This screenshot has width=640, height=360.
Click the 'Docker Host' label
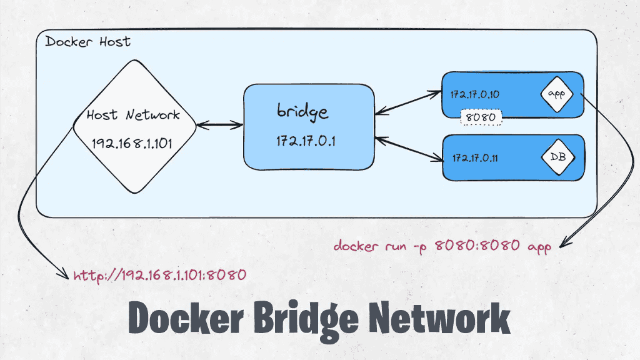pyautogui.click(x=88, y=42)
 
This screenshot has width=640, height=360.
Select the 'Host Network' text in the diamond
pyautogui.click(x=132, y=115)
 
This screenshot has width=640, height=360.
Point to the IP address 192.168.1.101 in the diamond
pyautogui.click(x=132, y=143)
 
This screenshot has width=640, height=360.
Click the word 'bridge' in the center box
pyautogui.click(x=302, y=112)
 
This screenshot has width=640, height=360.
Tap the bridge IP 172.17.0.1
pyautogui.click(x=306, y=141)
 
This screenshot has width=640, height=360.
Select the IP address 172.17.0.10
pyautogui.click(x=475, y=95)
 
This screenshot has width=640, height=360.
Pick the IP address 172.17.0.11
pyautogui.click(x=475, y=157)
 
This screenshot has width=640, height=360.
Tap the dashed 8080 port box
pyautogui.click(x=481, y=117)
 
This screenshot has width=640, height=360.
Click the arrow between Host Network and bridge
pyautogui.click(x=219, y=126)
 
